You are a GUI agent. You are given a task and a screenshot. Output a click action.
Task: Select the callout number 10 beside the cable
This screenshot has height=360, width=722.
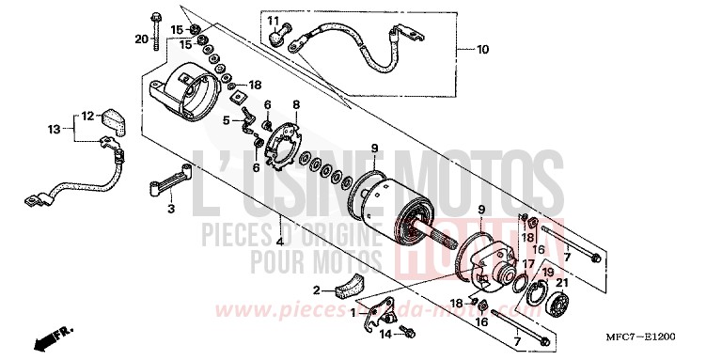coord(483,48)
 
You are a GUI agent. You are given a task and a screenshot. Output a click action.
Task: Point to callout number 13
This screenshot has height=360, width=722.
coord(55,129)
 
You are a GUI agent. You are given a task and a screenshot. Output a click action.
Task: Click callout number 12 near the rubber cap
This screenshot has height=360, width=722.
coord(86,117)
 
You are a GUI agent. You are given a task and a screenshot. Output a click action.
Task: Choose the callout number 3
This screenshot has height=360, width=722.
coord(171,210)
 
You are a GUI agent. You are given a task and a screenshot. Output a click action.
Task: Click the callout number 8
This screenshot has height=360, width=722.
coord(295,104)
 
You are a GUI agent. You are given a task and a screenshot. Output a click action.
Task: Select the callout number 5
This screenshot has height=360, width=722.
coord(227,120)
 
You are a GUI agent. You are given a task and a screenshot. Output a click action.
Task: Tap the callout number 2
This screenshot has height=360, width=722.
coord(317,290)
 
